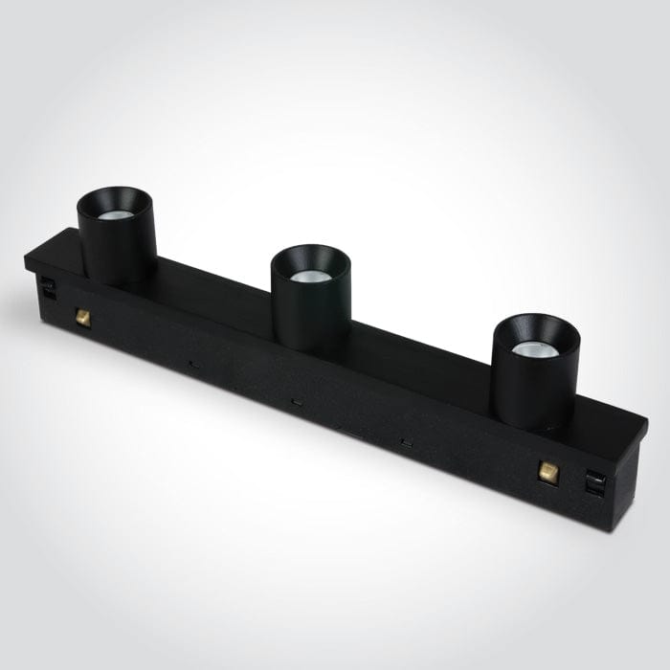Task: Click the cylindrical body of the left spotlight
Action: coord(117,254)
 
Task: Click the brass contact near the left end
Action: coord(82,314)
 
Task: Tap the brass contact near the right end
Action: coord(549,469)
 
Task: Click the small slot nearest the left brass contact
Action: coord(192,364)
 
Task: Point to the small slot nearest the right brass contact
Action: coord(407,441)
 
